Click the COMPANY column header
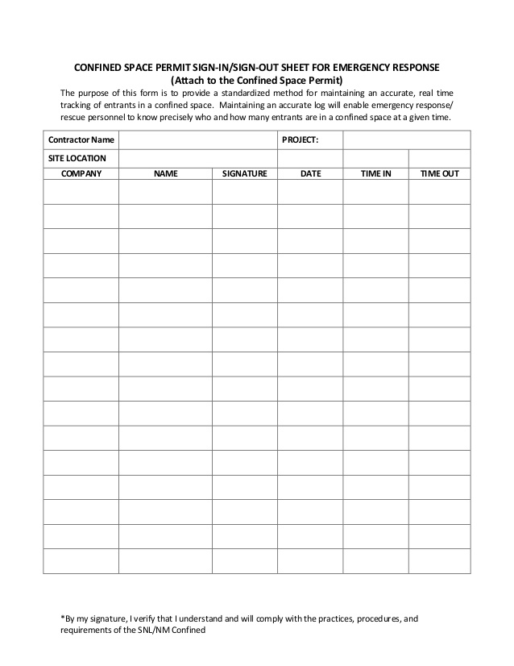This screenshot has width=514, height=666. (81, 173)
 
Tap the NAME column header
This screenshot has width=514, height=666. (165, 173)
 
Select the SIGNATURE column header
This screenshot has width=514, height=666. (244, 173)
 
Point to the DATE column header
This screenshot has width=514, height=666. (310, 173)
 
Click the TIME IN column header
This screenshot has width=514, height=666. (375, 173)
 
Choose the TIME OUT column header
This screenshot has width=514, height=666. (439, 173)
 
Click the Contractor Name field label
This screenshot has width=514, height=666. (81, 140)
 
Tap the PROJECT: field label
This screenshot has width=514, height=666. (301, 140)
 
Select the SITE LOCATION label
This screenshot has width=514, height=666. (77, 158)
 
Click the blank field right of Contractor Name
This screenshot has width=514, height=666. (197, 140)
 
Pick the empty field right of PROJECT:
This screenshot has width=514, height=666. (406, 140)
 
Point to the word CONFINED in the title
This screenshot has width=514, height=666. (97, 67)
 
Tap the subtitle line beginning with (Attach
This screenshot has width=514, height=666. (257, 80)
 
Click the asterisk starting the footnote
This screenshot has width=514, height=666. (62, 619)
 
